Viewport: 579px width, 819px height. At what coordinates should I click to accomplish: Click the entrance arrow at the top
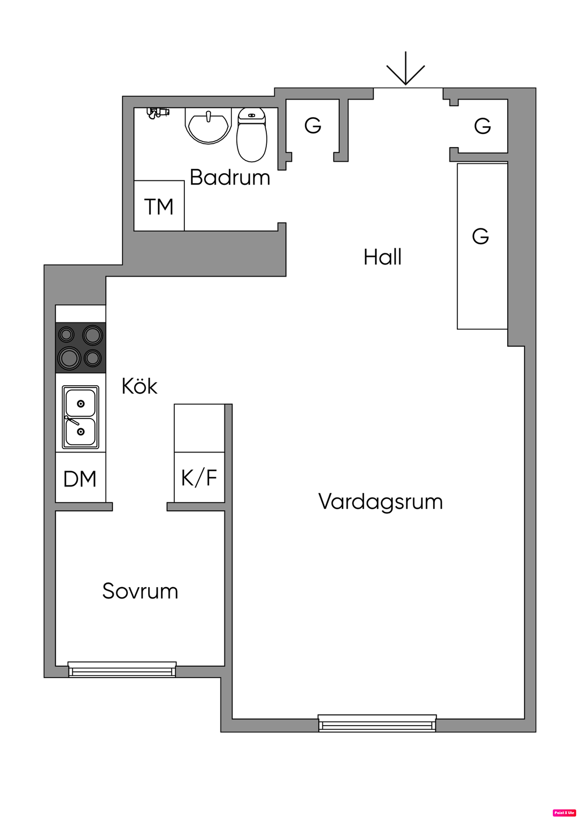pyautogui.click(x=405, y=70)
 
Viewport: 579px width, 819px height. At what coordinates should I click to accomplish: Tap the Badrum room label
pyautogui.click(x=230, y=178)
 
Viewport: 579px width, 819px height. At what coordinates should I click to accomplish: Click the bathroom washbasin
pyautogui.click(x=208, y=125)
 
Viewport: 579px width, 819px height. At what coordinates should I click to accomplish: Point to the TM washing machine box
pyautogui.click(x=159, y=206)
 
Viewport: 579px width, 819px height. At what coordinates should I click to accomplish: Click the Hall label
pyautogui.click(x=383, y=257)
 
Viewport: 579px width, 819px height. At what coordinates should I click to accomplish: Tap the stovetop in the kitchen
pyautogui.click(x=80, y=347)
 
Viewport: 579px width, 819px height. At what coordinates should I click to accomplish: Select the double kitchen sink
pyautogui.click(x=80, y=417)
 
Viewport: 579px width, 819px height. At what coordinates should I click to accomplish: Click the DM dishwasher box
pyautogui.click(x=80, y=479)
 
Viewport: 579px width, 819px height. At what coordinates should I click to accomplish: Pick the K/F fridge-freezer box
pyautogui.click(x=199, y=478)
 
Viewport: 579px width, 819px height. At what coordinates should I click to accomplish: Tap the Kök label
pyautogui.click(x=139, y=386)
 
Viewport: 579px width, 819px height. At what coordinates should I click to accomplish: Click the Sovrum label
pyautogui.click(x=140, y=591)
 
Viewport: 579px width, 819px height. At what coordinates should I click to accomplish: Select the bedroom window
pyautogui.click(x=122, y=670)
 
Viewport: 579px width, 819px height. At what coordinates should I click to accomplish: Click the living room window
pyautogui.click(x=377, y=723)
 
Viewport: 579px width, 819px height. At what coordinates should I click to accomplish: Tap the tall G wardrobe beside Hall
pyautogui.click(x=482, y=245)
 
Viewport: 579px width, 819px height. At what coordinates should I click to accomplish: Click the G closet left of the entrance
pyautogui.click(x=313, y=126)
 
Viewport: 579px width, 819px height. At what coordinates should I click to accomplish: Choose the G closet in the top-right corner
pyautogui.click(x=482, y=126)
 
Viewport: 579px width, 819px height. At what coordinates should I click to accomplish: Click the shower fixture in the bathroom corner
pyautogui.click(x=157, y=112)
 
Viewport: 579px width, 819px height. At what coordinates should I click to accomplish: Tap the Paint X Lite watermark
pyautogui.click(x=564, y=813)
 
